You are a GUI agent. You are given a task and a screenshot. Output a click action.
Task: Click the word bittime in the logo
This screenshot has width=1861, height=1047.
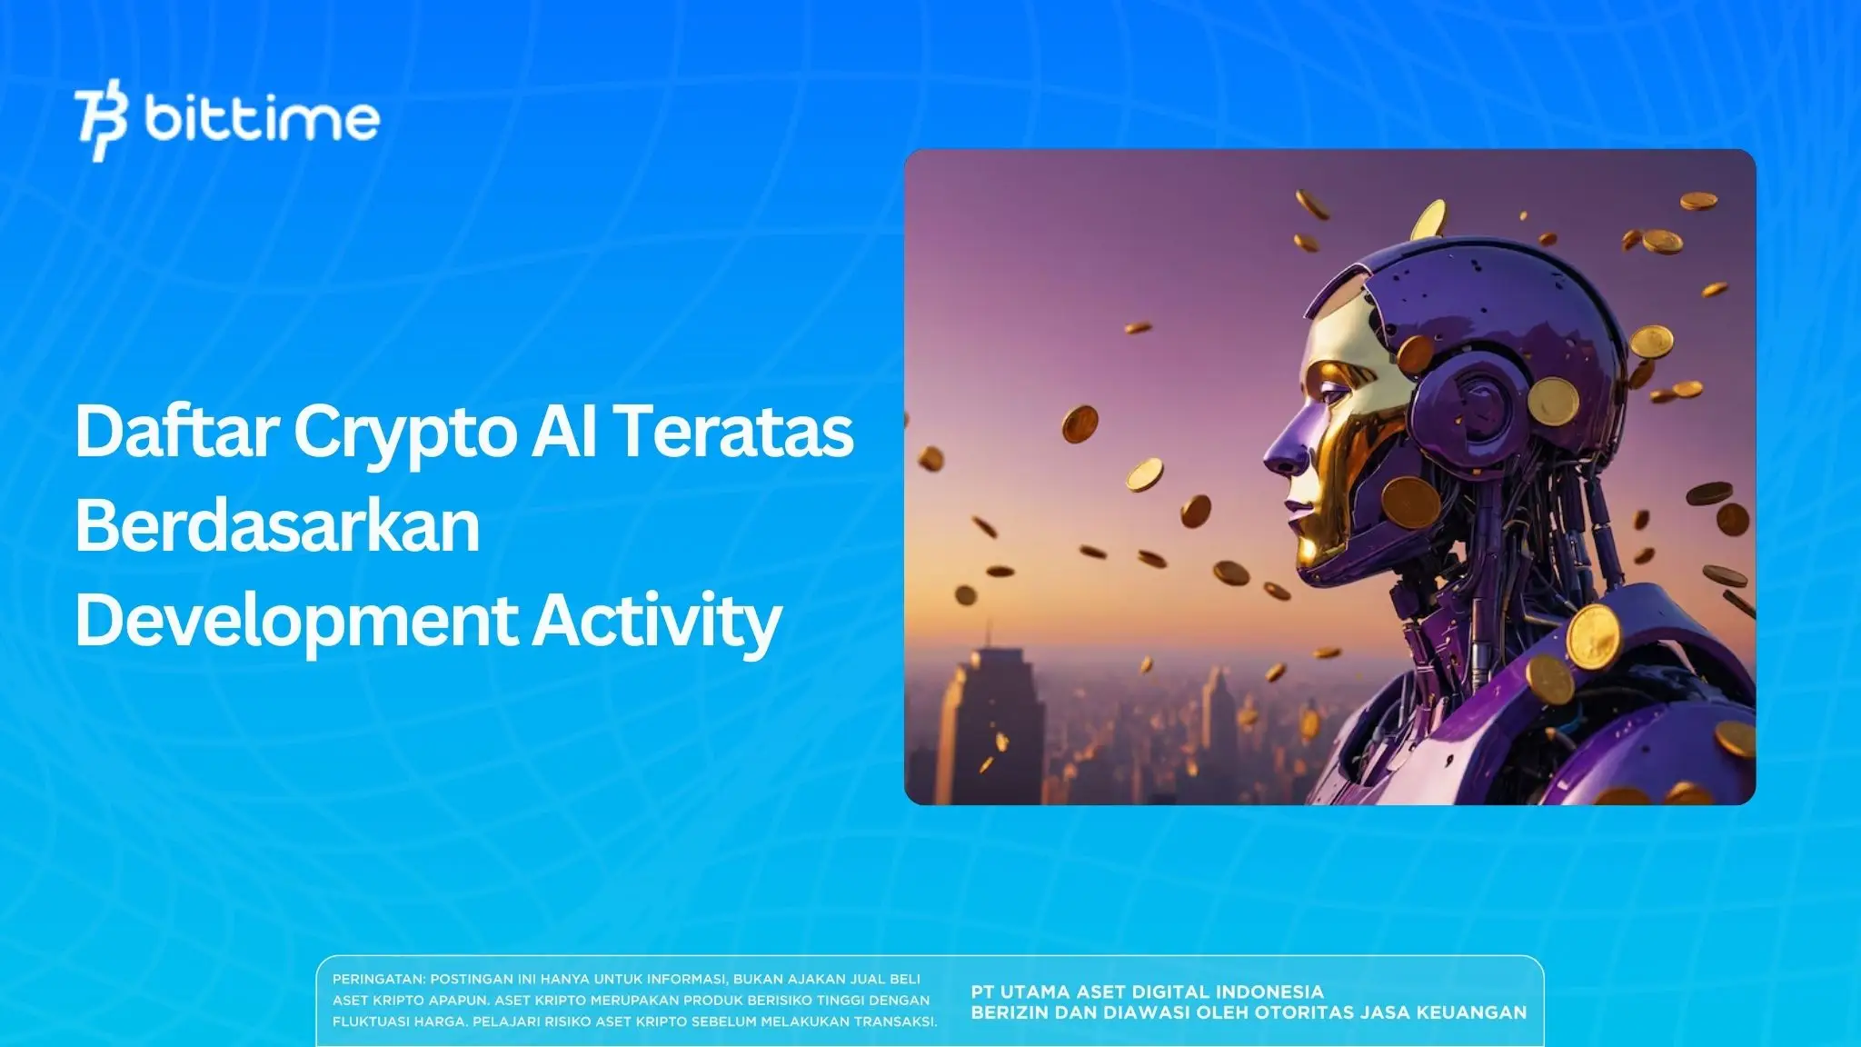(262, 119)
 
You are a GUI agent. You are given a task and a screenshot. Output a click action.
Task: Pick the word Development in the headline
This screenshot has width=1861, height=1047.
(295, 621)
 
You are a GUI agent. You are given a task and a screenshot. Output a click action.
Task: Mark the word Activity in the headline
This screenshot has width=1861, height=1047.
(656, 621)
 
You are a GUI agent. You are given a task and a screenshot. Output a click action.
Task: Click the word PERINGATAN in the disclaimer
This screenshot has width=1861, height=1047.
(378, 980)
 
